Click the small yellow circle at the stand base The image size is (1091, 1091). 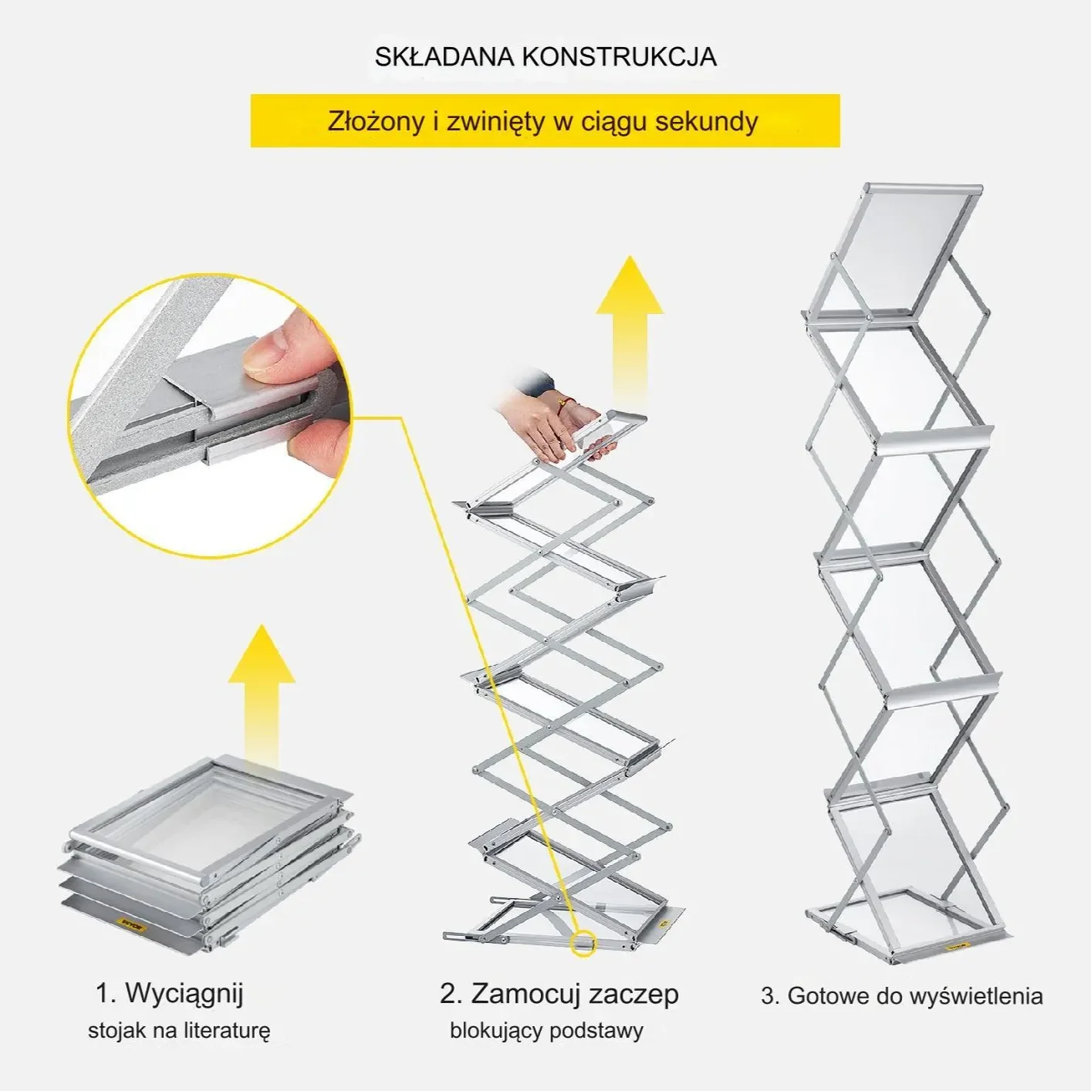583,944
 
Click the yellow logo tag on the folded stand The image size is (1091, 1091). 133,924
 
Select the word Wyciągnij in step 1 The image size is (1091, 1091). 184,993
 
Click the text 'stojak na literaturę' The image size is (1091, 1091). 179,1031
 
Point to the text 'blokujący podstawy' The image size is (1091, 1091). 546,1031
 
